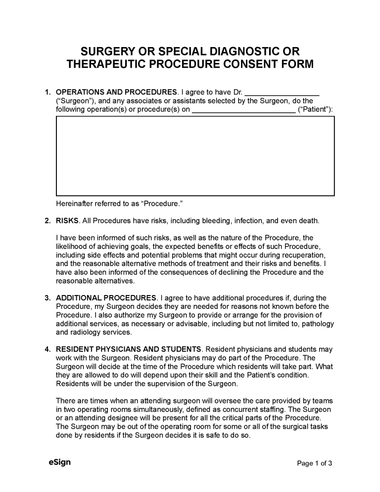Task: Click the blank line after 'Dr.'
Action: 282,92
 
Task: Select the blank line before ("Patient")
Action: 243,109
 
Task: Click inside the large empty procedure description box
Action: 195,156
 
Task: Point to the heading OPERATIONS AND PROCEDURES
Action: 117,92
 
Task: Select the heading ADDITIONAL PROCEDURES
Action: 106,298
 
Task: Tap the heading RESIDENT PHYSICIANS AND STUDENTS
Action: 129,349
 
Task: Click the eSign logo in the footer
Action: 60,463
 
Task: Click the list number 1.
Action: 47,92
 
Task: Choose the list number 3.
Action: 47,298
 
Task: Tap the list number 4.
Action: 47,349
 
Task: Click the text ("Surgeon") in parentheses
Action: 72,100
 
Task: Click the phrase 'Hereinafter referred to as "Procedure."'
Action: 116,204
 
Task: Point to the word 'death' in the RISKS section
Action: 308,221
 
